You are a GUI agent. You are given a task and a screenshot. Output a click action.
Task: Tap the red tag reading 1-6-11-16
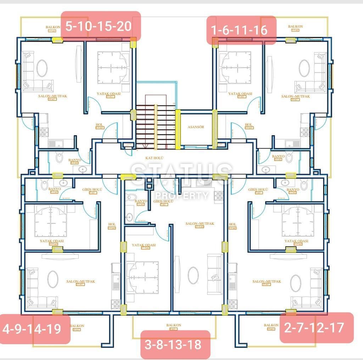pyautogui.click(x=241, y=30)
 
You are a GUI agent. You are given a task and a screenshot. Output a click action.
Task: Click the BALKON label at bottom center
pyautogui.click(x=174, y=325)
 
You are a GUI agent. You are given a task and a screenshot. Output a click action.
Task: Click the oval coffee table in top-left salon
pyautogui.click(x=42, y=67)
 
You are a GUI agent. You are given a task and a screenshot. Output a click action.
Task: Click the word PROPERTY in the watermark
pyautogui.click(x=182, y=195)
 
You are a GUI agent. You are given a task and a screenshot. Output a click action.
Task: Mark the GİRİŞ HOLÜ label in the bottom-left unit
pyautogui.click(x=92, y=190)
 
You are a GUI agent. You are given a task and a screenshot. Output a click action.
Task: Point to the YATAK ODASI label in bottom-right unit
pyautogui.click(x=296, y=241)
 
